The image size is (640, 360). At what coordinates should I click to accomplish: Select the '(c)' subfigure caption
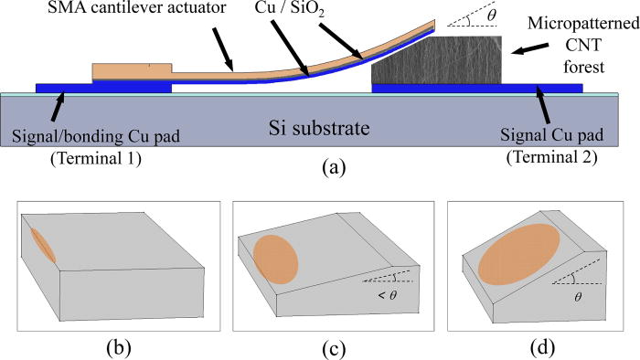[x=319, y=344]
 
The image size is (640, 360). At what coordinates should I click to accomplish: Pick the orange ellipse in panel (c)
[x=271, y=258]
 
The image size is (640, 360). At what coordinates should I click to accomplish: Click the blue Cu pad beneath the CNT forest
[x=475, y=89]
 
